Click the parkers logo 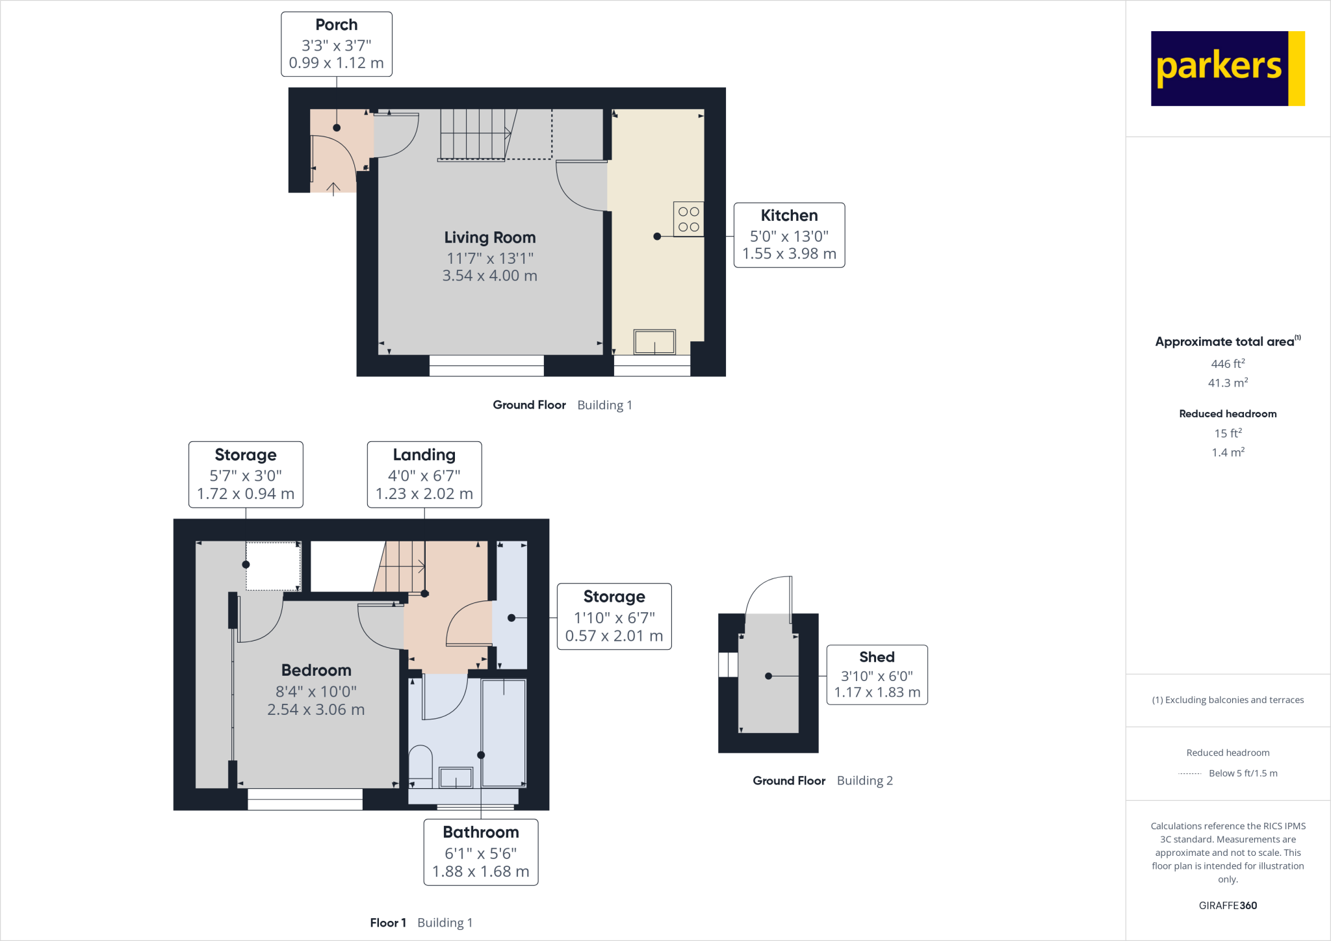[x=1227, y=68]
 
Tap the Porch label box [x=336, y=44]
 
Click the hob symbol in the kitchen [x=688, y=219]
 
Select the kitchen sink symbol [x=654, y=342]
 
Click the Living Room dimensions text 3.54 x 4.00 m [x=489, y=276]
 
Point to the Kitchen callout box [x=789, y=235]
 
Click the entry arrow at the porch [x=333, y=189]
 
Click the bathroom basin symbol [x=456, y=777]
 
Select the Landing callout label [x=424, y=474]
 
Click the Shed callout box [x=876, y=675]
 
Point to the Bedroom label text [x=316, y=670]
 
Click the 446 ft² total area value [x=1227, y=364]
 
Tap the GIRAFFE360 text [x=1227, y=905]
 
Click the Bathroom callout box [x=480, y=852]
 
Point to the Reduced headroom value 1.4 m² [x=1227, y=452]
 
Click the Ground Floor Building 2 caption [x=822, y=780]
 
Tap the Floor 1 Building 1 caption [x=421, y=923]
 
